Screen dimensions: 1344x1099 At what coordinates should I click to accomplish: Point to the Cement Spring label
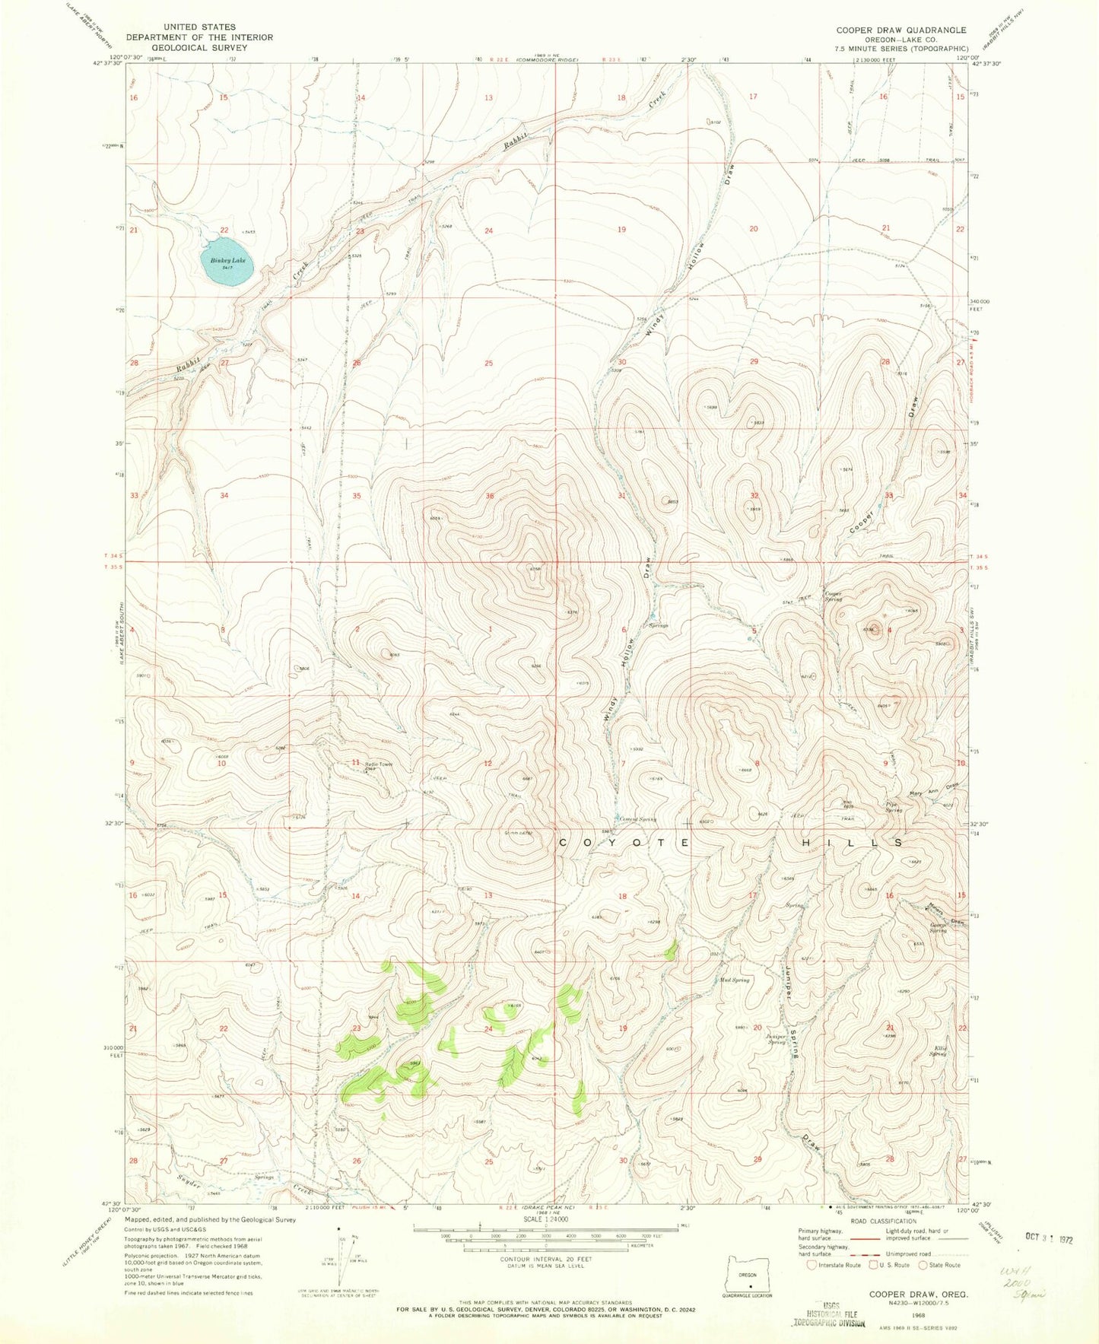point(637,819)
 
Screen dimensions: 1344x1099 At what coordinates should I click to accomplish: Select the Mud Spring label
point(734,980)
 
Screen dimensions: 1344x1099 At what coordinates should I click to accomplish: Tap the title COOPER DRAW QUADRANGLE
point(901,30)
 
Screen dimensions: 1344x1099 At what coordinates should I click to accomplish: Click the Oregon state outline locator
point(748,1276)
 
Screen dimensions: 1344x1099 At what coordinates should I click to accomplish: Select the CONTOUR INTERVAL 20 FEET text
point(545,1259)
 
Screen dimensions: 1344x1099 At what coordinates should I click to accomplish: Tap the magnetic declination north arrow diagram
point(339,1259)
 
